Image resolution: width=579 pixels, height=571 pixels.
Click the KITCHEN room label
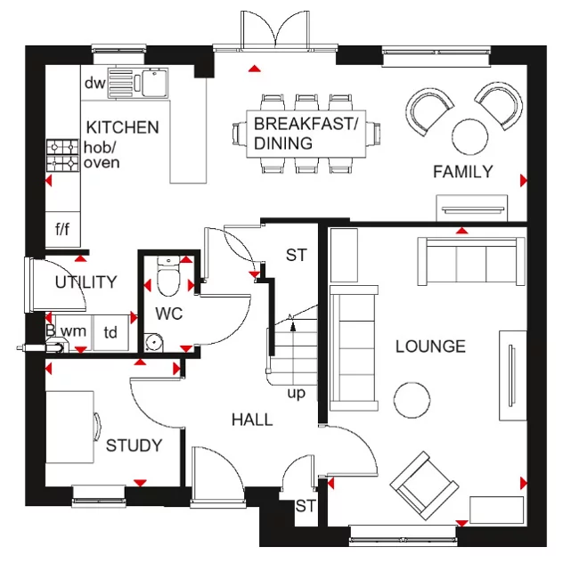click(x=122, y=127)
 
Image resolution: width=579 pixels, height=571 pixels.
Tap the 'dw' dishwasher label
click(x=94, y=83)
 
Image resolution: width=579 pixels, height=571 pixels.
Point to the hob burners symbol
click(x=63, y=155)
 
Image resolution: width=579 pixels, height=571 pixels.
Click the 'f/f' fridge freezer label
click(x=62, y=230)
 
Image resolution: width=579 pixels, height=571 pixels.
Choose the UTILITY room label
click(x=86, y=282)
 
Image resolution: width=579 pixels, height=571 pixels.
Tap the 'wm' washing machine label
click(x=73, y=332)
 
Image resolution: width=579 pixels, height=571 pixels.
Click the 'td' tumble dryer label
click(x=110, y=332)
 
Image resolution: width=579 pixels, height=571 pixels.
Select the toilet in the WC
click(x=167, y=276)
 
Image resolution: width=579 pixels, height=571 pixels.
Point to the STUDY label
click(x=134, y=445)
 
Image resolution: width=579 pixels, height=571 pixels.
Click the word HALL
click(x=252, y=420)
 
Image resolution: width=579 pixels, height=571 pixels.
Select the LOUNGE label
click(x=430, y=346)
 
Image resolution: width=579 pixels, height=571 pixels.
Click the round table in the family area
click(x=470, y=137)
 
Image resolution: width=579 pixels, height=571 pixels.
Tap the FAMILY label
click(x=462, y=172)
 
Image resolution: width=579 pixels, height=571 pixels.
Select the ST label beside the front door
click(x=306, y=507)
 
